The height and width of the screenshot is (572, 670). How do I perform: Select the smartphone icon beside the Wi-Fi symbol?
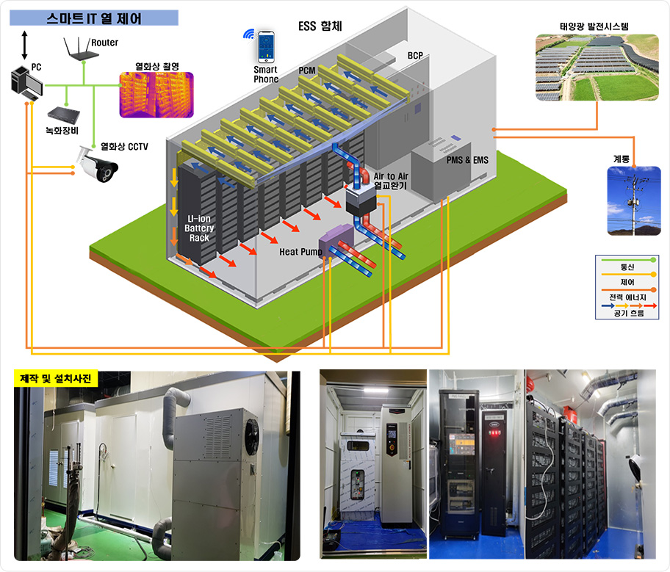(266, 47)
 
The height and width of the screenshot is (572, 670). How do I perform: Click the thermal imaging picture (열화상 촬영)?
(156, 95)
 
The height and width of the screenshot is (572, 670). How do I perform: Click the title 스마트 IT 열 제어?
(94, 18)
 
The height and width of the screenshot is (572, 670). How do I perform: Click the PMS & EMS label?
(467, 159)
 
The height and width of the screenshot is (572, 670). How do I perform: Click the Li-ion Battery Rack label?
(199, 228)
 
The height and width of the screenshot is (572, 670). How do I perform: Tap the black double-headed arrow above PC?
(25, 45)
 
